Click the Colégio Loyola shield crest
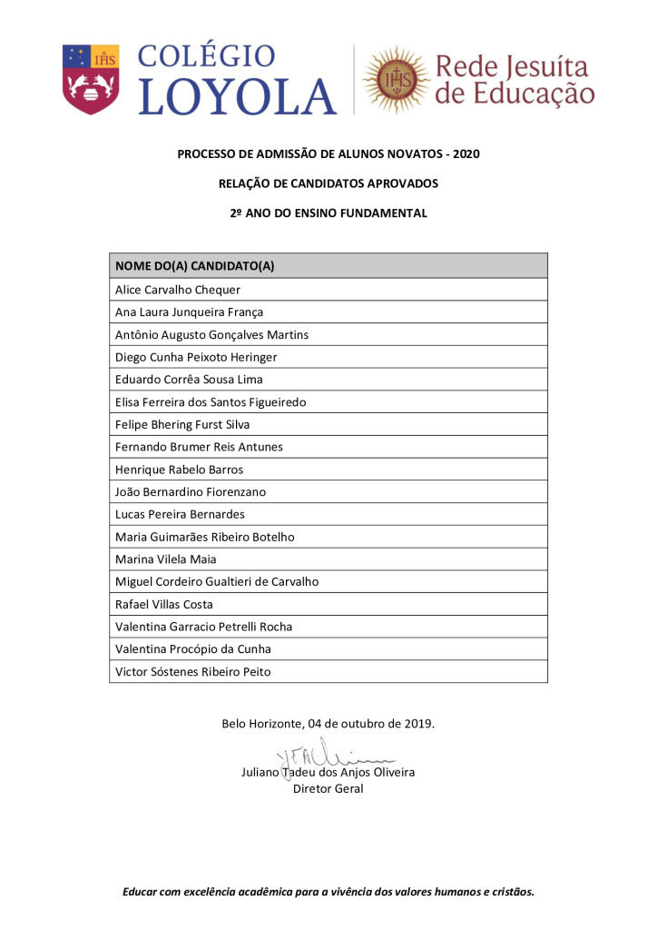pyautogui.click(x=91, y=79)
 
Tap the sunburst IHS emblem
pyautogui.click(x=396, y=80)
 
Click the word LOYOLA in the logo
pyautogui.click(x=237, y=96)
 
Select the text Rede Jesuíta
pyautogui.click(x=512, y=67)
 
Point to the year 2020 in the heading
pyautogui.click(x=465, y=154)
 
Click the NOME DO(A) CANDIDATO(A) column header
pyautogui.click(x=195, y=266)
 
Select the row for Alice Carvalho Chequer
pyautogui.click(x=178, y=290)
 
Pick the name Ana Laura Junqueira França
pyautogui.click(x=189, y=312)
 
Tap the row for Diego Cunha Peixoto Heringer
pyautogui.click(x=196, y=357)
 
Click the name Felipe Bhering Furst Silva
pyautogui.click(x=182, y=424)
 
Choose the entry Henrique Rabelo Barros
pyautogui.click(x=179, y=470)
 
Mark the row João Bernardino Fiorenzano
pyautogui.click(x=191, y=491)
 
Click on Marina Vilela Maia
pyautogui.click(x=166, y=559)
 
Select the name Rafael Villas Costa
pyautogui.click(x=165, y=604)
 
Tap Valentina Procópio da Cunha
pyautogui.click(x=193, y=648)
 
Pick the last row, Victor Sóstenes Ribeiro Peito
pyautogui.click(x=193, y=671)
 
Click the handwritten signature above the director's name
pyautogui.click(x=330, y=757)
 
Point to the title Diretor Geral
pyautogui.click(x=328, y=788)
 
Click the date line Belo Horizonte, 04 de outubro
pyautogui.click(x=328, y=724)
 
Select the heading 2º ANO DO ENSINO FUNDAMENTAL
pyautogui.click(x=328, y=213)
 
